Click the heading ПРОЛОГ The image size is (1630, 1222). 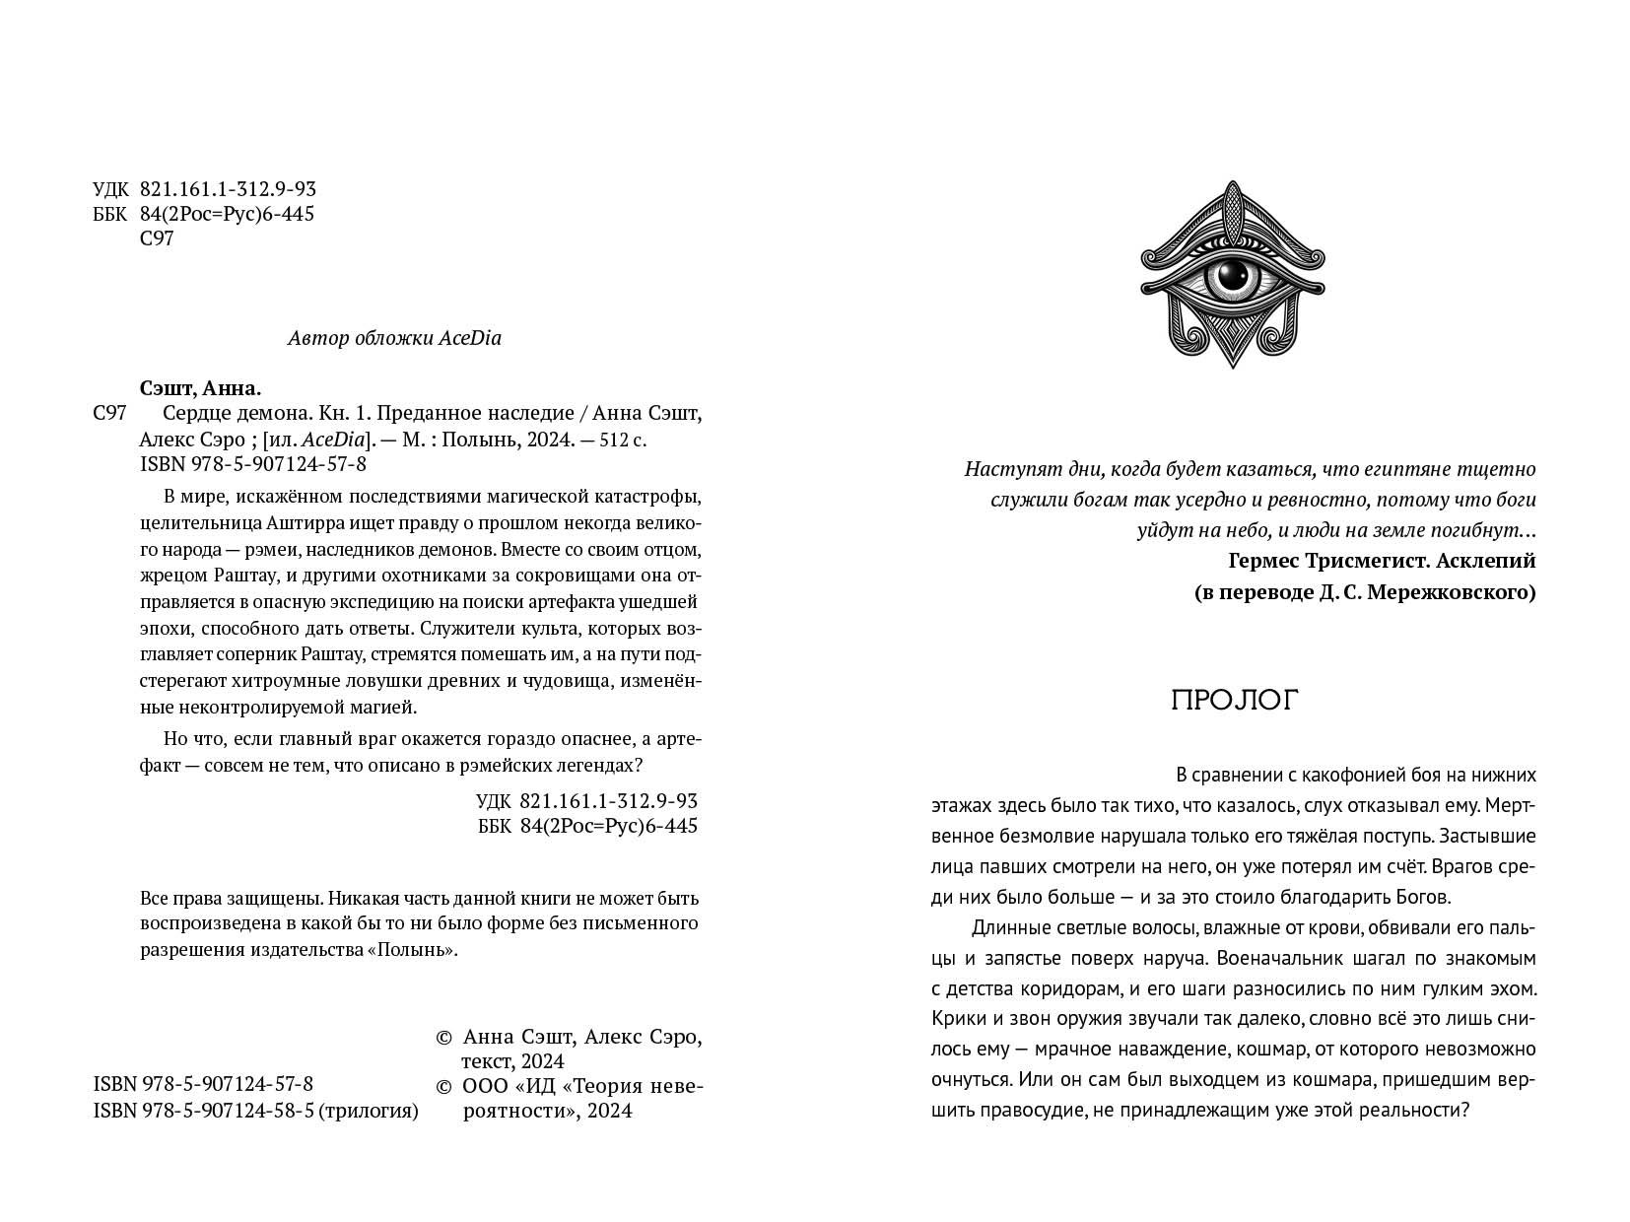1235,700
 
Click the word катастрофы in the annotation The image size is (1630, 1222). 649,493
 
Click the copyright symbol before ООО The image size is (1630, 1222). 443,1086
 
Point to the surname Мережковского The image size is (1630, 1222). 1455,592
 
